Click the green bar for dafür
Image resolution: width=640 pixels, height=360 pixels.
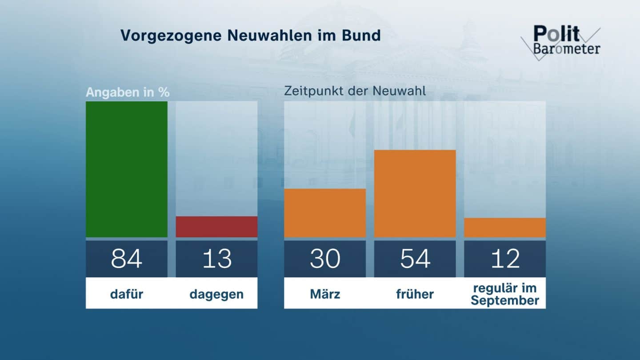pos(127,169)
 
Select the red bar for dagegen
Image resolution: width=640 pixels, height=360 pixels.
pos(216,227)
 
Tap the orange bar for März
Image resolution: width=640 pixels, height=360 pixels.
pos(325,213)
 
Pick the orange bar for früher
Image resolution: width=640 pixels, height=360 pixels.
pos(415,194)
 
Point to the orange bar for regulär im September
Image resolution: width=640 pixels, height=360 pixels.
pos(505,228)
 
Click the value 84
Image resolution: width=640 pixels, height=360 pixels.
pos(127,259)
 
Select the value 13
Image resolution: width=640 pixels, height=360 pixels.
pos(216,259)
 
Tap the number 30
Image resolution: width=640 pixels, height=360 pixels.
pos(325,259)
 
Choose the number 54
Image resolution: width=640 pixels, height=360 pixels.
pos(415,259)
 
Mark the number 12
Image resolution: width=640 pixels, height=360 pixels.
pos(505,259)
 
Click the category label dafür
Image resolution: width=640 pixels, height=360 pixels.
pos(127,294)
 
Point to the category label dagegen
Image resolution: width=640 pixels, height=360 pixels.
pos(216,294)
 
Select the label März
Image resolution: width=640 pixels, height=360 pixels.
pos(325,294)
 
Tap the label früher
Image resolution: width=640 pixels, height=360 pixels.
pos(415,294)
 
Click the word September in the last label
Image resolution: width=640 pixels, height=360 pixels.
pos(505,300)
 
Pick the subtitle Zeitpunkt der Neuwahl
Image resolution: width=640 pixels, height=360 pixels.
pos(355,91)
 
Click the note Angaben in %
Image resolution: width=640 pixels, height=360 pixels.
pos(128,92)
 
